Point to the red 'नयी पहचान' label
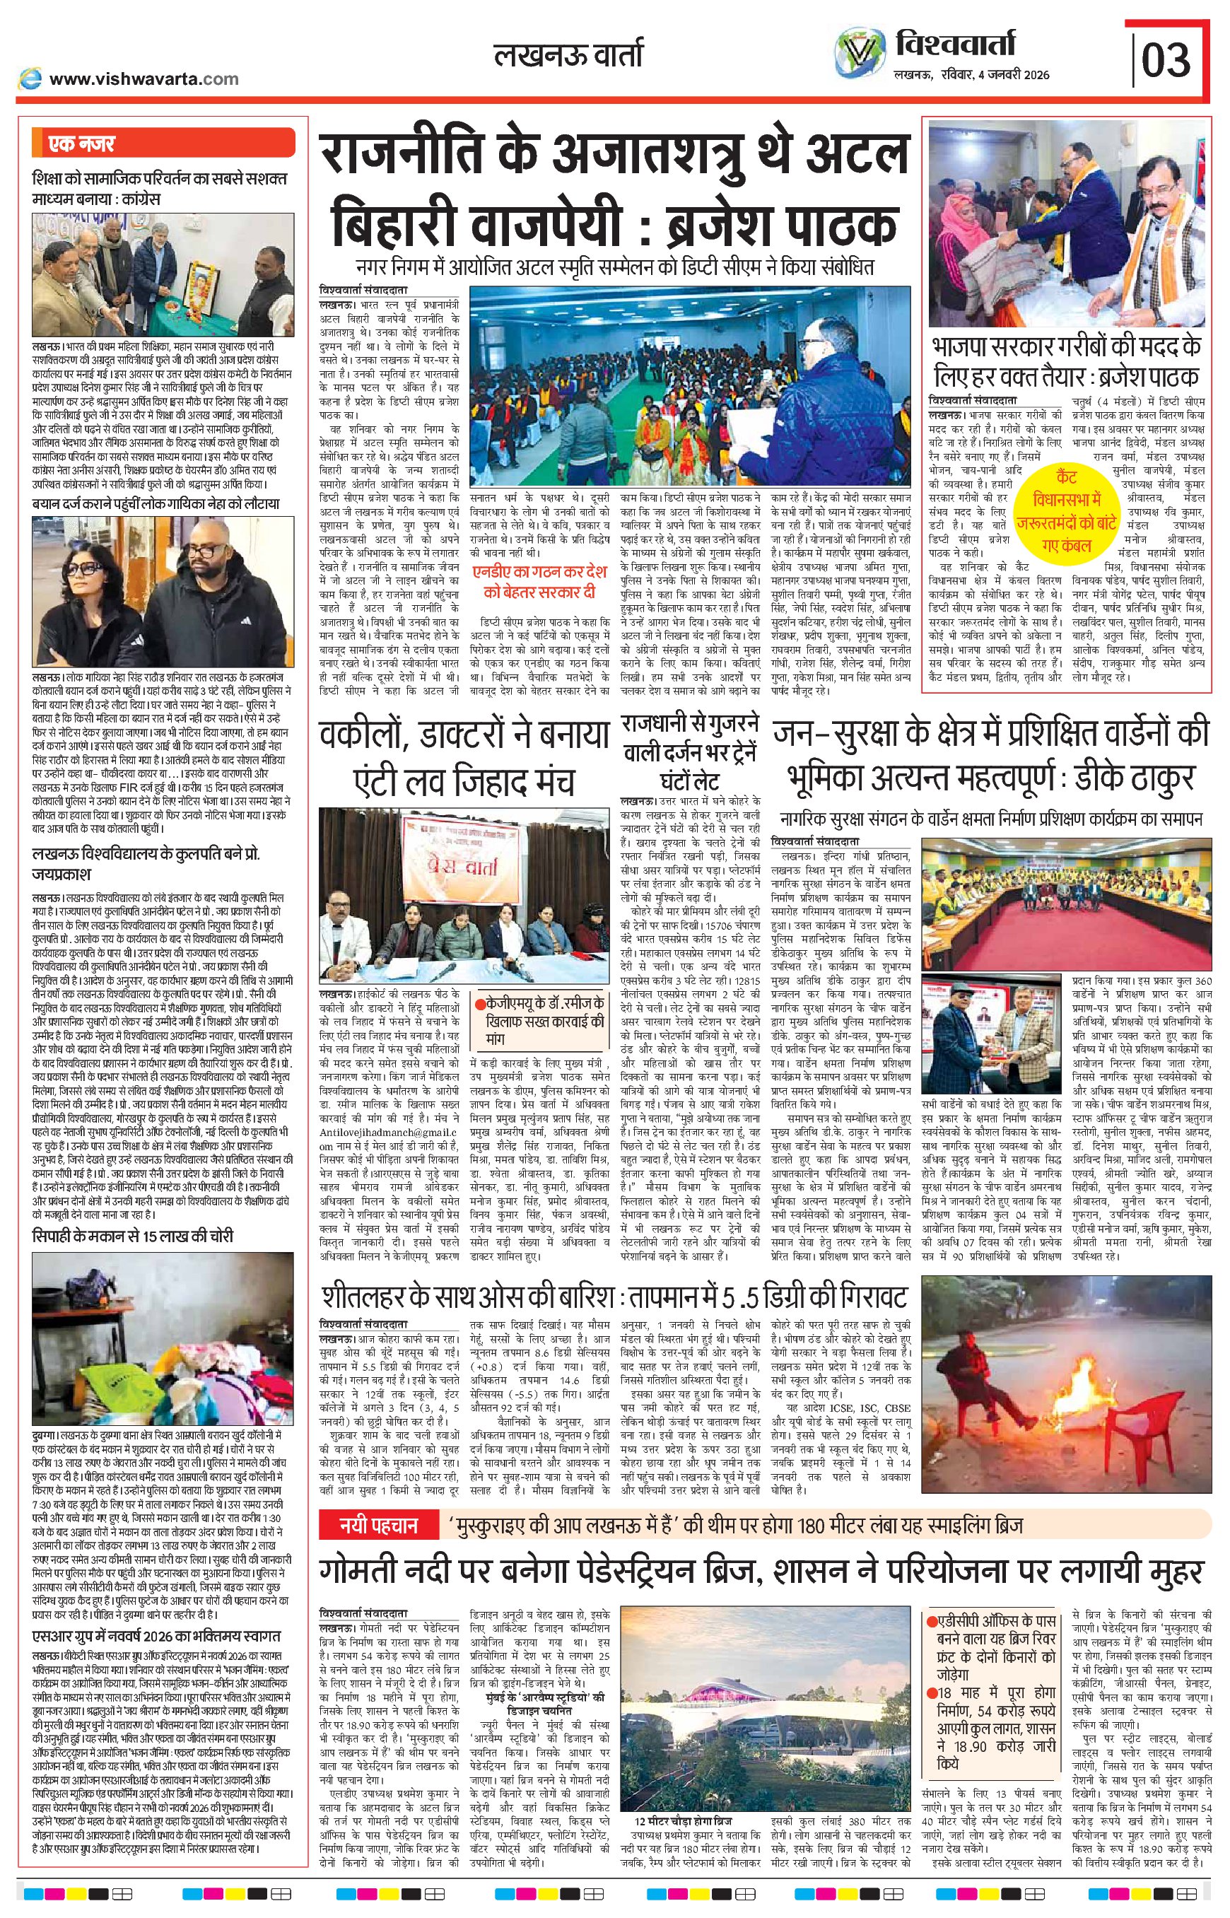(379, 1526)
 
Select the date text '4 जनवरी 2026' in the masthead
(1009, 76)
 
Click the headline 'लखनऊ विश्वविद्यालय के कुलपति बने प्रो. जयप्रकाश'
(146, 863)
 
